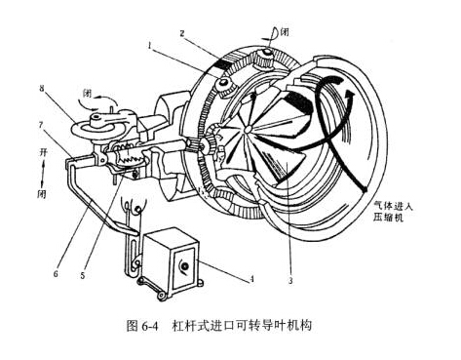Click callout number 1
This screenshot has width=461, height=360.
tap(150, 47)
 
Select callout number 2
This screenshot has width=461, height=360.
tap(182, 33)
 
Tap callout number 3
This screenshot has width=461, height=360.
tap(290, 280)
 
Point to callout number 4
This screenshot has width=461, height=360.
tap(251, 279)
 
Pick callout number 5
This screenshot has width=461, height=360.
tap(83, 275)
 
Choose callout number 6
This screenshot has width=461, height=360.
tap(56, 274)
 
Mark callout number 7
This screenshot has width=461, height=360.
tap(41, 125)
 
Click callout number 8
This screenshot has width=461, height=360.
tap(42, 89)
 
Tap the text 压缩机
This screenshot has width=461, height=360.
tap(388, 217)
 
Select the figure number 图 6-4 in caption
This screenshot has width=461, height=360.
tap(142, 326)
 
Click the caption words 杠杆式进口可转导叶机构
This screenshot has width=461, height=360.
tap(242, 326)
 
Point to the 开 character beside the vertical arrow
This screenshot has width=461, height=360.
tap(43, 152)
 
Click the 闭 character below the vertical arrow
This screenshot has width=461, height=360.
tap(41, 194)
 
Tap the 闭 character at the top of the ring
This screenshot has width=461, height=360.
tap(285, 32)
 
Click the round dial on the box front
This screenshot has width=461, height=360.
tap(184, 266)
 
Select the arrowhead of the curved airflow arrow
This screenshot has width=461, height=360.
tap(349, 94)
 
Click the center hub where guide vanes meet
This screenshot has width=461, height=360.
tap(249, 129)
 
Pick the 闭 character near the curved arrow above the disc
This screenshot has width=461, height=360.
tap(88, 94)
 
